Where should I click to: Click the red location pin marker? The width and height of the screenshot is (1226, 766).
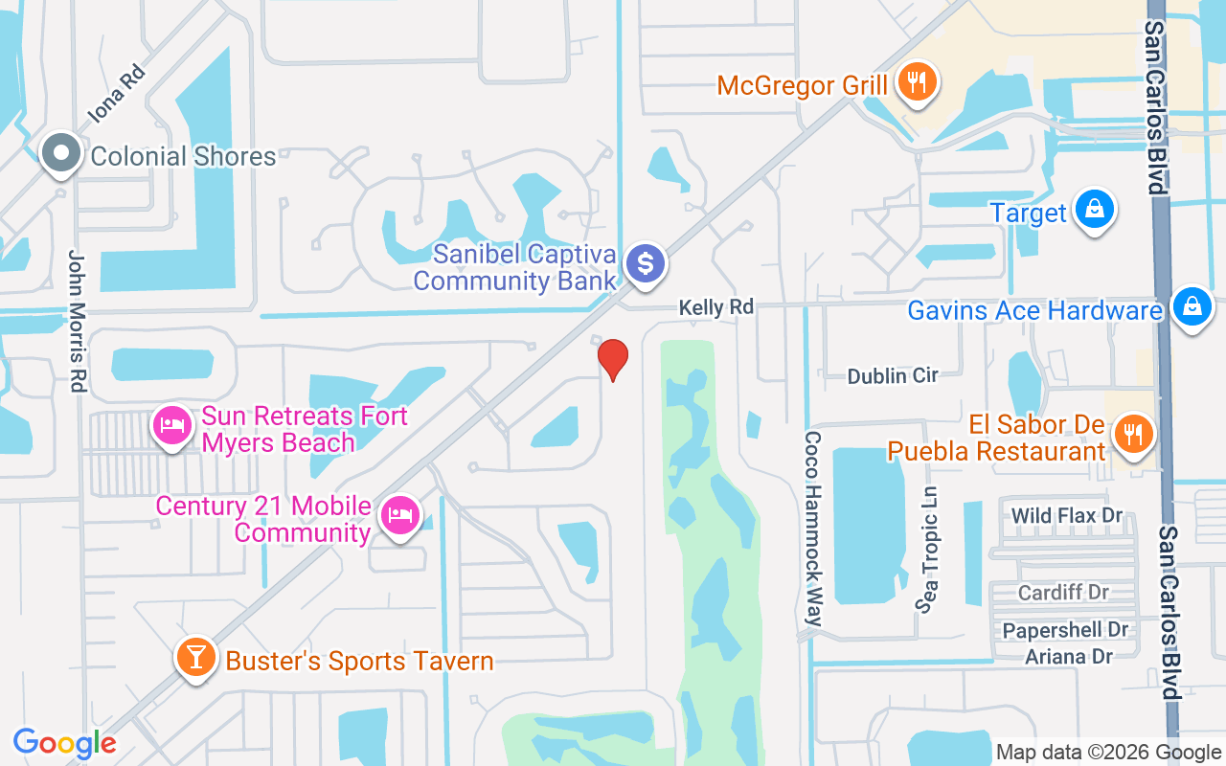(613, 359)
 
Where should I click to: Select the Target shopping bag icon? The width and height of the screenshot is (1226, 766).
(1093, 209)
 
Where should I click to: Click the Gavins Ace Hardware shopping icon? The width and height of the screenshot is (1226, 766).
(1191, 306)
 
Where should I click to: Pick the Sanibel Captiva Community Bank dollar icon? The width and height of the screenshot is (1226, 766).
(647, 262)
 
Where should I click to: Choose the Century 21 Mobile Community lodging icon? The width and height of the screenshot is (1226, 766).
(398, 516)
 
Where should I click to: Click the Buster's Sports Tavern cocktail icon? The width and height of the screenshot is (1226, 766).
(195, 658)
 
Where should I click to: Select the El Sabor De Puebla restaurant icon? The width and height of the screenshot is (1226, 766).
(1134, 433)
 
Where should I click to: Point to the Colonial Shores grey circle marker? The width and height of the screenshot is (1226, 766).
(62, 154)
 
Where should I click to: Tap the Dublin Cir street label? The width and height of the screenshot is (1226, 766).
(893, 375)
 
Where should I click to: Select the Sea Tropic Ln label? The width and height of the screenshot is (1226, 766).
(926, 550)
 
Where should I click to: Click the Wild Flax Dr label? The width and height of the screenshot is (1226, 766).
(1067, 516)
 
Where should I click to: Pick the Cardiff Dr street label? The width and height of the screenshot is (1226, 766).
(1063, 593)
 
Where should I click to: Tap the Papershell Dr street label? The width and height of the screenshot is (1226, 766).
(1065, 630)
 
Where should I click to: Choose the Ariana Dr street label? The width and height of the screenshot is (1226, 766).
(1069, 657)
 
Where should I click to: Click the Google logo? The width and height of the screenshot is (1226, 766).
(65, 743)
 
